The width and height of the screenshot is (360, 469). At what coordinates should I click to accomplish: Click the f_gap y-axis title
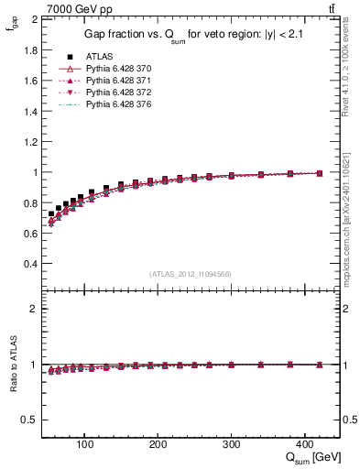click(12, 31)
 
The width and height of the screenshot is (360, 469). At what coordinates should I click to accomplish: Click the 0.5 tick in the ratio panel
click(31, 420)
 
